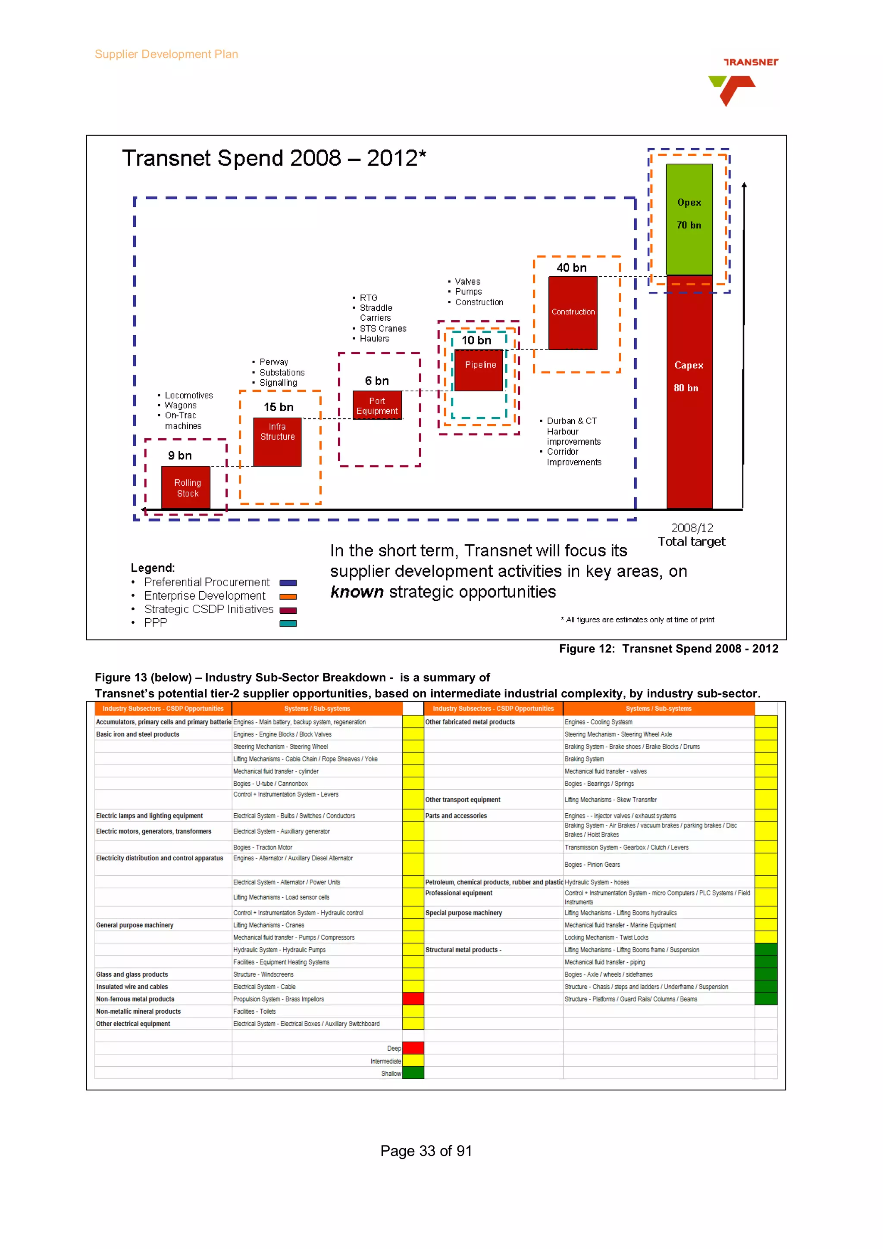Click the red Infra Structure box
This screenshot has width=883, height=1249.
pyautogui.click(x=277, y=441)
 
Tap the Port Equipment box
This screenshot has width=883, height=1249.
pyautogui.click(x=376, y=405)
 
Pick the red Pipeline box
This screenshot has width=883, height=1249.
pyautogui.click(x=479, y=370)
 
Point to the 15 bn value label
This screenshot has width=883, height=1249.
pyautogui.click(x=278, y=407)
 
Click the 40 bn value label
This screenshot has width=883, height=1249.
pyautogui.click(x=571, y=268)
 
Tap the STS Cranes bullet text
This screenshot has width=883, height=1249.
pyautogui.click(x=382, y=328)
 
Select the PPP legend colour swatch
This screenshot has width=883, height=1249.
pyautogui.click(x=288, y=623)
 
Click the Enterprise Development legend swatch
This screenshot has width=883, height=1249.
pyautogui.click(x=288, y=597)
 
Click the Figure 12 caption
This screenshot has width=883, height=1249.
pyautogui.click(x=668, y=649)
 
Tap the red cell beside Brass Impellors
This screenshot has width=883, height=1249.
pyautogui.click(x=413, y=999)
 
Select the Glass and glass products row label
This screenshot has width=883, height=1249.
pyautogui.click(x=132, y=974)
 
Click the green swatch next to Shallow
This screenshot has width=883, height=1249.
pyautogui.click(x=413, y=1073)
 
